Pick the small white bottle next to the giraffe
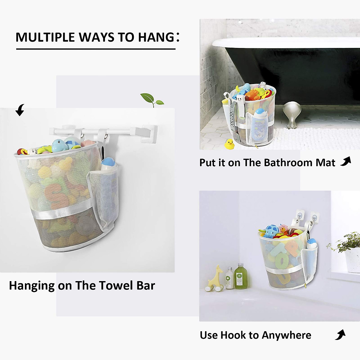229,278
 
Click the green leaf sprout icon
152,99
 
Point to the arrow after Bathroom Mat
346,161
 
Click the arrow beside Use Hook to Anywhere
340,334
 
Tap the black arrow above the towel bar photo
20,110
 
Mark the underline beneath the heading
96,49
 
